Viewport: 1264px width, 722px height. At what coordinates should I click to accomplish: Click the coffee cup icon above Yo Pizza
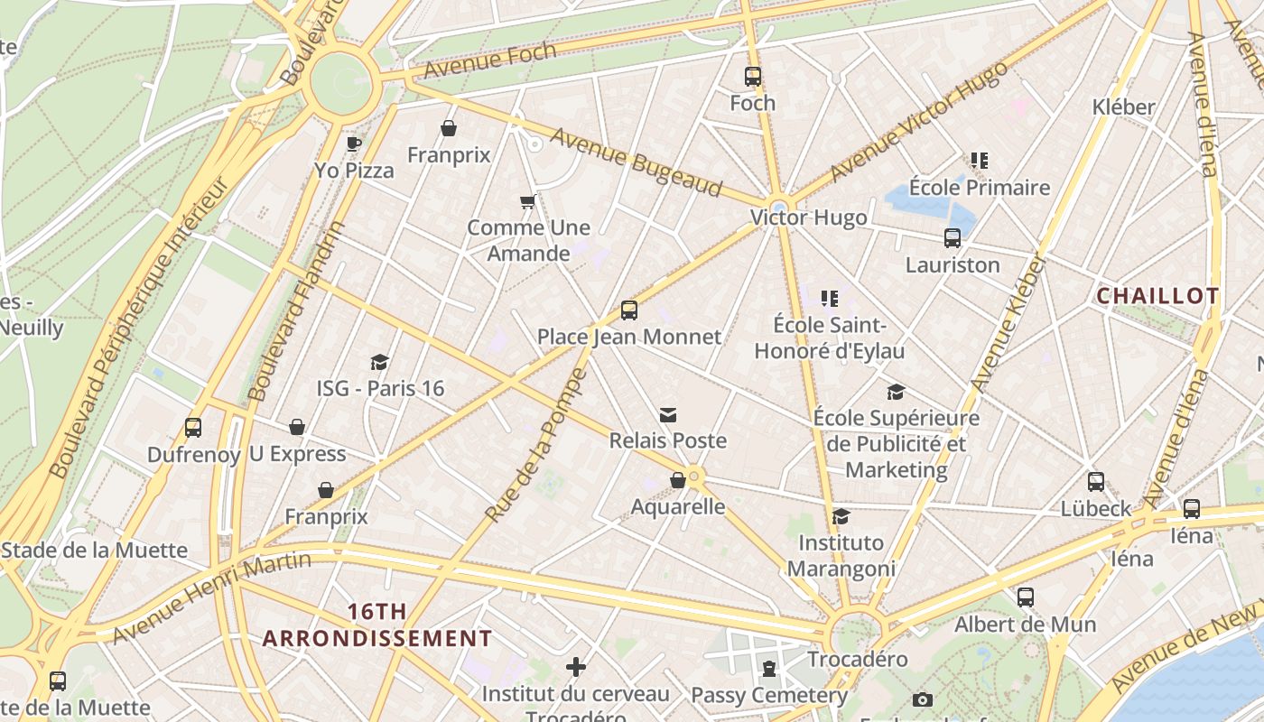pos(354,143)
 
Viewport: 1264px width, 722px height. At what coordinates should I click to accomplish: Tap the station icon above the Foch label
pos(752,77)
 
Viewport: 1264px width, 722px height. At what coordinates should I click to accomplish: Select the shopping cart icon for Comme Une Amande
pos(528,201)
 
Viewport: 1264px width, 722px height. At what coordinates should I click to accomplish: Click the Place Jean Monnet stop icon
pos(629,310)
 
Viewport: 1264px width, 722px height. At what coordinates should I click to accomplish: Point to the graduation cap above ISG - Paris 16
pos(379,362)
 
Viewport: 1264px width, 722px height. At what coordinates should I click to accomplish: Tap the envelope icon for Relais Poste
pos(668,415)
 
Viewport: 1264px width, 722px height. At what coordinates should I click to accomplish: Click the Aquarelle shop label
pos(677,506)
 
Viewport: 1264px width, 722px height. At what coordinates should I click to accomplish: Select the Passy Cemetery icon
pos(768,669)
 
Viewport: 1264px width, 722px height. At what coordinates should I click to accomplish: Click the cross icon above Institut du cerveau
pos(576,667)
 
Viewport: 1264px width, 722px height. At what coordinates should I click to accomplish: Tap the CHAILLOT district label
pos(1157,296)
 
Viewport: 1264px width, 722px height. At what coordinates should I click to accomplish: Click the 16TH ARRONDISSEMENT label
pos(377,625)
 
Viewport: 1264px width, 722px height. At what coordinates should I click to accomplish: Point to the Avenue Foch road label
pos(489,60)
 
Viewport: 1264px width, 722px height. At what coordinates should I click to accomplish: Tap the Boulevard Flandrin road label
pos(296,311)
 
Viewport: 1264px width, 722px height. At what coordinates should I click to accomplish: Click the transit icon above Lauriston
pos(953,238)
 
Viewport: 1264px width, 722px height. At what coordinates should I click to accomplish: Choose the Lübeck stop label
pos(1095,508)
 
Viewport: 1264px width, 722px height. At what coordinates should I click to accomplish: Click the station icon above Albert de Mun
pos(1025,597)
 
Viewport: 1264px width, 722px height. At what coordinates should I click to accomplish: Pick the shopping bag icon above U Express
pos(297,427)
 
